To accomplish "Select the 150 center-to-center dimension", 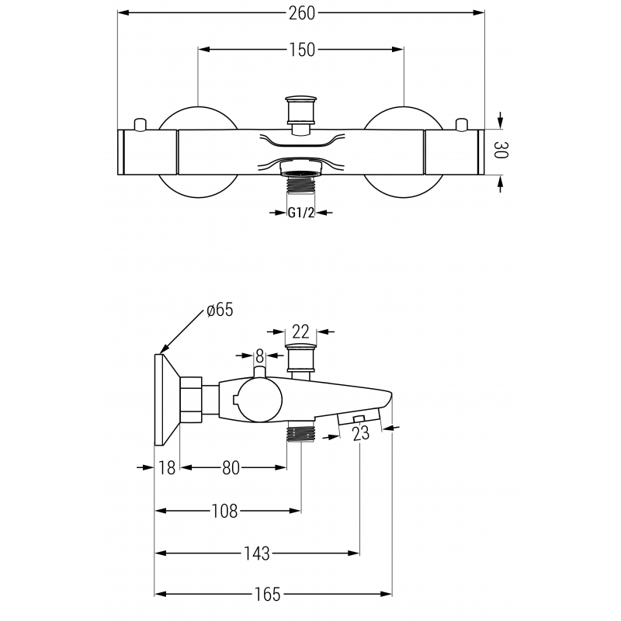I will click(301, 50).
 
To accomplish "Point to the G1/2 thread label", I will click(300, 212).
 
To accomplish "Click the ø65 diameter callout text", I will click(220, 310).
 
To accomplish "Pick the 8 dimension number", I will click(260, 356).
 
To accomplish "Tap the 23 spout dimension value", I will click(361, 435).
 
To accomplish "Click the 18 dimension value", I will click(166, 467).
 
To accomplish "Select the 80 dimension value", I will click(231, 467).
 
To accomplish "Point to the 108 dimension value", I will click(224, 511).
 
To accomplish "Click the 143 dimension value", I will click(256, 553).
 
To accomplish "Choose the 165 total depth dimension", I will click(268, 595).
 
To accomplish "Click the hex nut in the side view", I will click(191, 400).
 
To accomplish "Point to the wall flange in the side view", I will click(166, 400).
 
